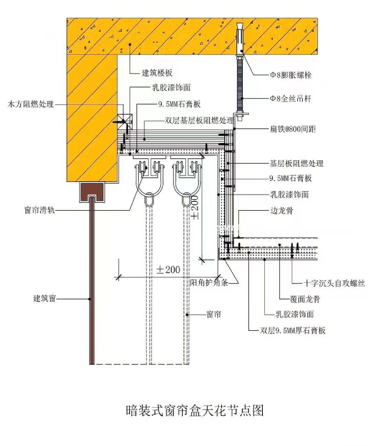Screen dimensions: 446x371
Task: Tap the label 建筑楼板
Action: (157, 72)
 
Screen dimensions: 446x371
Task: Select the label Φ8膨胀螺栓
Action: (291, 75)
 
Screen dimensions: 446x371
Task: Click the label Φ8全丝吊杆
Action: (291, 99)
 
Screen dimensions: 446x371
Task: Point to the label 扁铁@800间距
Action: (293, 129)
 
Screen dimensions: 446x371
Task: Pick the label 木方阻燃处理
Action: (31, 104)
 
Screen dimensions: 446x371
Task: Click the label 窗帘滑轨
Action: (39, 210)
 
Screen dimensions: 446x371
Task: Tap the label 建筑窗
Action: (44, 298)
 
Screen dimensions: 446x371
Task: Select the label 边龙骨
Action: (281, 211)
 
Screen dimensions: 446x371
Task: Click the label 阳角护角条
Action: (209, 283)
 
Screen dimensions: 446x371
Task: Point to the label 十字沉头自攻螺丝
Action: (334, 283)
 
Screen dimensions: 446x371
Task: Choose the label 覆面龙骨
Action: (305, 299)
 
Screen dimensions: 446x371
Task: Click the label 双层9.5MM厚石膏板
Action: (293, 330)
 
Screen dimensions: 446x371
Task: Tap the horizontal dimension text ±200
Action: (168, 270)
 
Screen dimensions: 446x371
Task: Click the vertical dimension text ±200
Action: (195, 207)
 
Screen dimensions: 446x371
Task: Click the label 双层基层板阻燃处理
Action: (199, 120)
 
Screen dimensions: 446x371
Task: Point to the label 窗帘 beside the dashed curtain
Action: (214, 314)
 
